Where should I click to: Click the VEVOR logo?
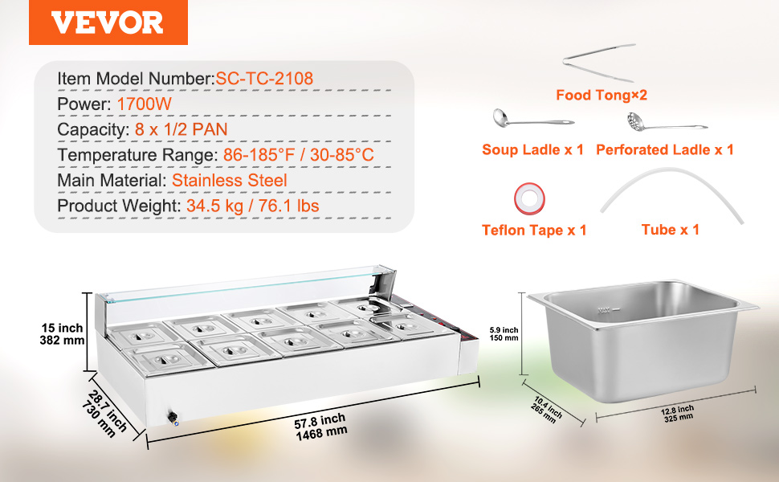coord(108,22)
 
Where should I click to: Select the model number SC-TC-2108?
coord(264,79)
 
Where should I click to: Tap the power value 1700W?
coord(144,104)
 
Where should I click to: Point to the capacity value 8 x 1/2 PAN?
coord(181,129)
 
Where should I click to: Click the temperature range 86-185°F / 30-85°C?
coord(298,155)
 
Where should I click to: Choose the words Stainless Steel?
coord(230,181)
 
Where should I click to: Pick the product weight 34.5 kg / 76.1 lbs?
coord(253,206)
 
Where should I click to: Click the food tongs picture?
coord(599,63)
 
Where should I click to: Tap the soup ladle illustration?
coord(533,119)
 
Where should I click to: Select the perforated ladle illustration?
coord(667,123)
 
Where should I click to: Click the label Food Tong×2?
coord(602,95)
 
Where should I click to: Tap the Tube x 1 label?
coord(671,230)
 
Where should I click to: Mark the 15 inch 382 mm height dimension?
coord(62,334)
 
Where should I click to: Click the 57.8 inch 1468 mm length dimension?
coord(320,427)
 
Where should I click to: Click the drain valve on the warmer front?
coord(173,418)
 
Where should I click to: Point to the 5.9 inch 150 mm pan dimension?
coord(504,334)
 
